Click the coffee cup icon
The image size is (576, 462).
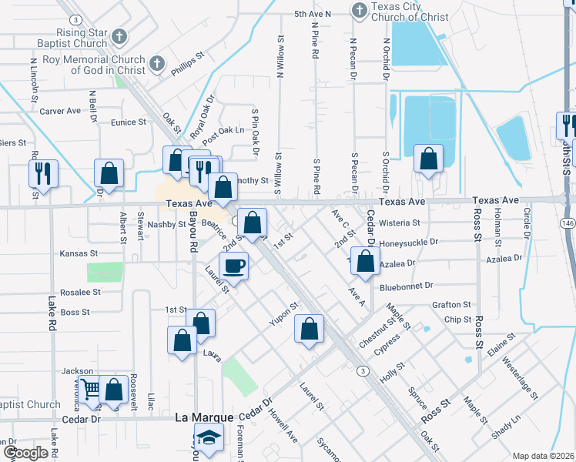click(234, 266)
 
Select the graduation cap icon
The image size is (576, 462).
click(206, 438)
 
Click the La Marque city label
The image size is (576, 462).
click(204, 417)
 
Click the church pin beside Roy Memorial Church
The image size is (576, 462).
click(156, 65)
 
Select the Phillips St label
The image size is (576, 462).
click(187, 63)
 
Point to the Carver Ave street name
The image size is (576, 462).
click(60, 111)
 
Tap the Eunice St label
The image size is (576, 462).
click(128, 122)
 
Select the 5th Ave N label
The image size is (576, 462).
click(312, 14)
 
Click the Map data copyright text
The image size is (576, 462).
click(542, 456)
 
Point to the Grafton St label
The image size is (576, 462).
click(451, 305)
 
